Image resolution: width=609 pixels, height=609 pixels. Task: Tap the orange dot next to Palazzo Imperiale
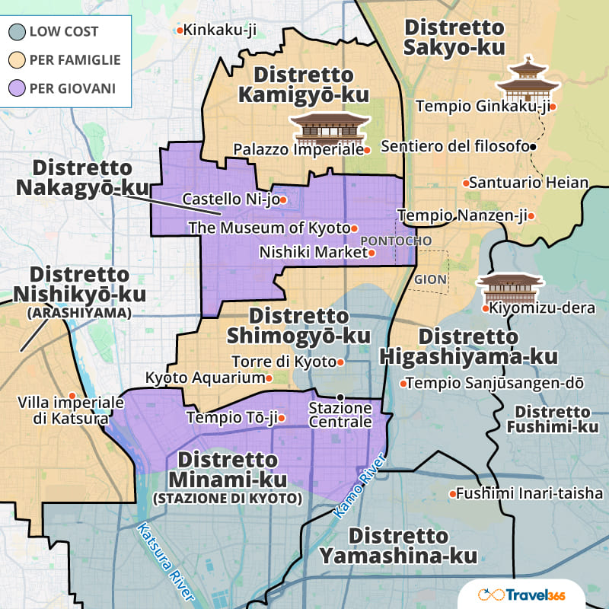(367, 150)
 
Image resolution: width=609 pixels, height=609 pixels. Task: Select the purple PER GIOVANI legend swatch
(17, 88)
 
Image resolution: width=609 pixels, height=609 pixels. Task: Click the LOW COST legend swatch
(17, 32)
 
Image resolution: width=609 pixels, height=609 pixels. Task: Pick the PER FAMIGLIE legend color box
(17, 60)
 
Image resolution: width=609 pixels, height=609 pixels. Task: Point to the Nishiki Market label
(313, 252)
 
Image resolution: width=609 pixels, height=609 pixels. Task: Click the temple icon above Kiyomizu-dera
(509, 288)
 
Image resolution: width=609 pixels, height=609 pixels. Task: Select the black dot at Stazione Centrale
(340, 397)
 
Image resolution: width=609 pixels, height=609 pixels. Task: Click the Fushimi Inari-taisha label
(529, 494)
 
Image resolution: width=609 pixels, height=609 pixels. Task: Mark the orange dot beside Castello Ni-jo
(283, 200)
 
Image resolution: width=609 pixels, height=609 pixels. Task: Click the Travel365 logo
(531, 594)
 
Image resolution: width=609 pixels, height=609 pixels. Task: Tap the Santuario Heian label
(529, 183)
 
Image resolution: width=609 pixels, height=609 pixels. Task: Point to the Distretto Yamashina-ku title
(398, 546)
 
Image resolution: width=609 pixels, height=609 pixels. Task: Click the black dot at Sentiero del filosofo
(534, 146)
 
